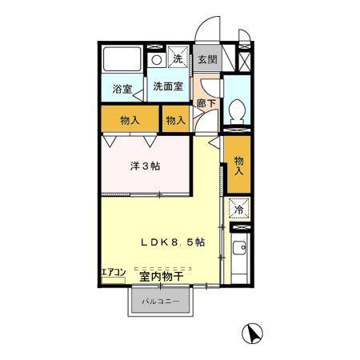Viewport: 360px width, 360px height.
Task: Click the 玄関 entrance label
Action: pyautogui.click(x=206, y=59)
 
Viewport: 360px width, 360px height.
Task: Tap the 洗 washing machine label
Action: pyautogui.click(x=180, y=59)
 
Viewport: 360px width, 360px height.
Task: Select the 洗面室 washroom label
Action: pyautogui.click(x=167, y=86)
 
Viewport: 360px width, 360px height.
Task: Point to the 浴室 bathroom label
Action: pyautogui.click(x=122, y=89)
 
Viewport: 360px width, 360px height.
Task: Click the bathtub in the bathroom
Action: pyautogui.click(x=122, y=58)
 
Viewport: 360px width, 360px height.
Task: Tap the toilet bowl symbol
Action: pyautogui.click(x=238, y=110)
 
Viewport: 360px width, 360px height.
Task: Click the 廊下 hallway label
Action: pyautogui.click(x=206, y=103)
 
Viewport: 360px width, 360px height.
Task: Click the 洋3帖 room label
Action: pyautogui.click(x=146, y=167)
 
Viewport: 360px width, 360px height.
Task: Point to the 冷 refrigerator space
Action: pyautogui.click(x=238, y=210)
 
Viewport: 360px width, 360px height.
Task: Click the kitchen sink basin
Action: pyautogui.click(x=239, y=248)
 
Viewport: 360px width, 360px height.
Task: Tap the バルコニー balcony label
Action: pyautogui.click(x=161, y=302)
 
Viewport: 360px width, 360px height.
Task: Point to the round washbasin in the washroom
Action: pyautogui.click(x=158, y=59)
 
